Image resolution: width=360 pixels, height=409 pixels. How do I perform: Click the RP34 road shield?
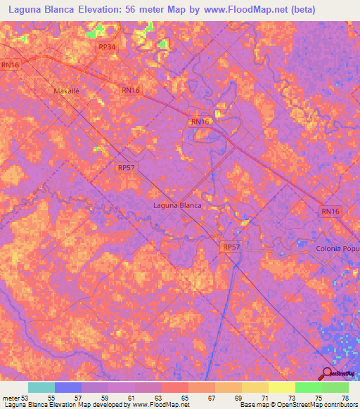coord(107,47)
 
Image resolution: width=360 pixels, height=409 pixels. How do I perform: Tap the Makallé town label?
coord(68,91)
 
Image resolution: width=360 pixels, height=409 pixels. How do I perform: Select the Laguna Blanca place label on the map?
coord(177,206)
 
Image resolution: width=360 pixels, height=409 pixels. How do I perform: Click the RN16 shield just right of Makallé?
coord(131,90)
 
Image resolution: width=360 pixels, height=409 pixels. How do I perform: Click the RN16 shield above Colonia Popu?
coord(330,211)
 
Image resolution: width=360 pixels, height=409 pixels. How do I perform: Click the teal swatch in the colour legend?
coord(41,387)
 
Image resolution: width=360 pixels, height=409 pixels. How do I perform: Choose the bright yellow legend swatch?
coord(281,387)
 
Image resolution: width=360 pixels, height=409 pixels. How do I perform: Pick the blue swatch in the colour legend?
coord(68,387)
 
